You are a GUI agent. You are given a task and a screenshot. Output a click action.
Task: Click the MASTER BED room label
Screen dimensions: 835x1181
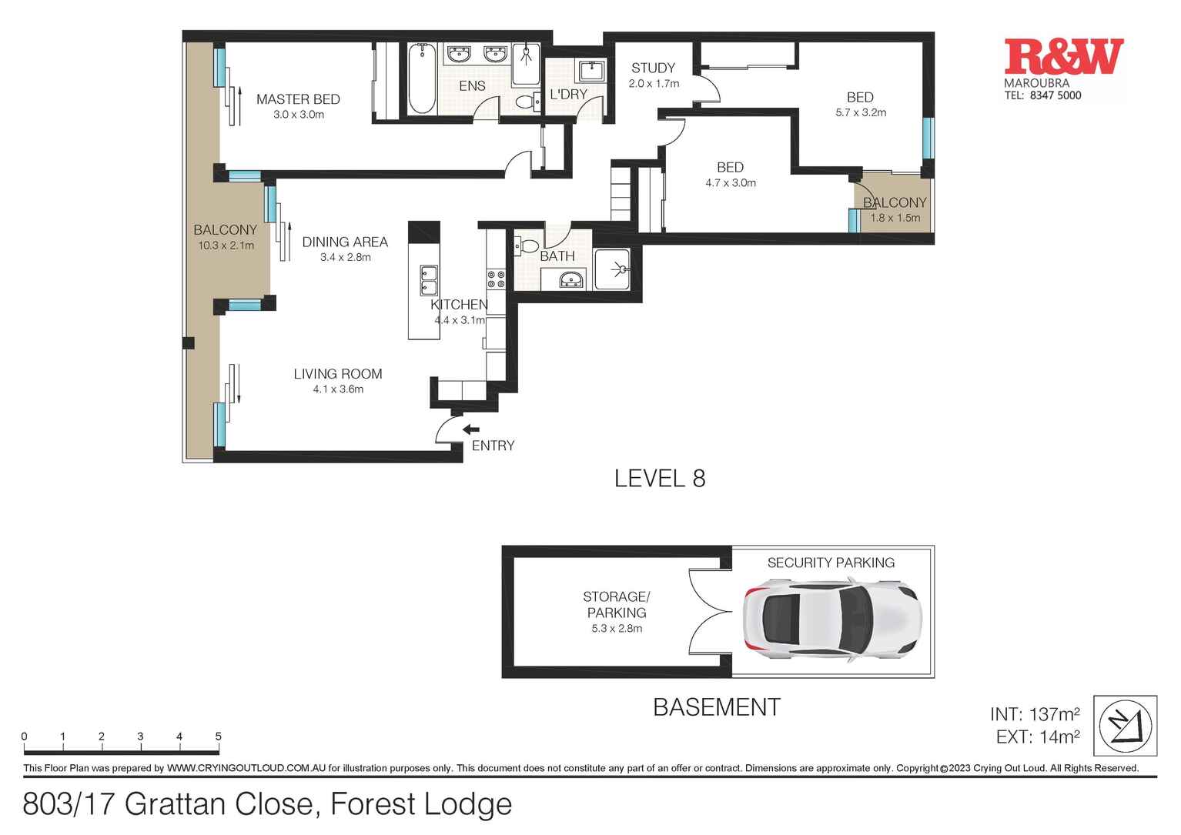point(298,99)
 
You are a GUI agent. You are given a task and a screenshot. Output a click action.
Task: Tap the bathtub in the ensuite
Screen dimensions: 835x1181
point(421,79)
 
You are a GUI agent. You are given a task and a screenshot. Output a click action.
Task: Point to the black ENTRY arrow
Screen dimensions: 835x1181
point(470,429)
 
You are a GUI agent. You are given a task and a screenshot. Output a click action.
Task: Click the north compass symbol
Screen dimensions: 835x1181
point(1125,724)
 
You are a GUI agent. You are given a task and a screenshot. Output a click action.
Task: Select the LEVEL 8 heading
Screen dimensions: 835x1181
point(660,479)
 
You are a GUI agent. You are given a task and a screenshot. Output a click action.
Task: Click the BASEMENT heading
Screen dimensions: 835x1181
point(716,707)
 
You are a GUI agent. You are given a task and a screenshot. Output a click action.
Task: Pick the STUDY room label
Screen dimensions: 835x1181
point(653,68)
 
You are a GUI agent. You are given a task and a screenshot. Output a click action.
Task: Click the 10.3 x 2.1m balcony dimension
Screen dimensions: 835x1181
point(226,245)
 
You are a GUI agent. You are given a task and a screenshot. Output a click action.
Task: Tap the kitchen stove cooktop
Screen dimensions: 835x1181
point(496,279)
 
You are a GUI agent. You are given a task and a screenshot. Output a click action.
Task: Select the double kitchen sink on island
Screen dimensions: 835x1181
point(427,280)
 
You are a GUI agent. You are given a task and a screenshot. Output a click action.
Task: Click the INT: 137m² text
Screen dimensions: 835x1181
point(1034,714)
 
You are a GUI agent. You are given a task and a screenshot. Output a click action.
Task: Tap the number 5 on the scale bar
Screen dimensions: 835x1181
point(219,736)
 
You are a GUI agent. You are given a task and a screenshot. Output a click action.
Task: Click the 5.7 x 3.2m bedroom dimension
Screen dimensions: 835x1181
point(861,112)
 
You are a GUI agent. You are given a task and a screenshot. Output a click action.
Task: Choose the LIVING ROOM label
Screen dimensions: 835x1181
point(337,374)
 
